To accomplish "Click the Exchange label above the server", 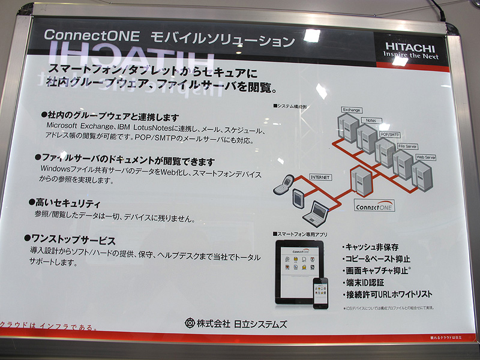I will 351,110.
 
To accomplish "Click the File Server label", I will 407,146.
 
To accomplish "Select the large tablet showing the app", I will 299,271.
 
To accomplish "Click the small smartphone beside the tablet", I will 321,293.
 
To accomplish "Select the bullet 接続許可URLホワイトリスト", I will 388,295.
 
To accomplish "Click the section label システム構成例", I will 292,106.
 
